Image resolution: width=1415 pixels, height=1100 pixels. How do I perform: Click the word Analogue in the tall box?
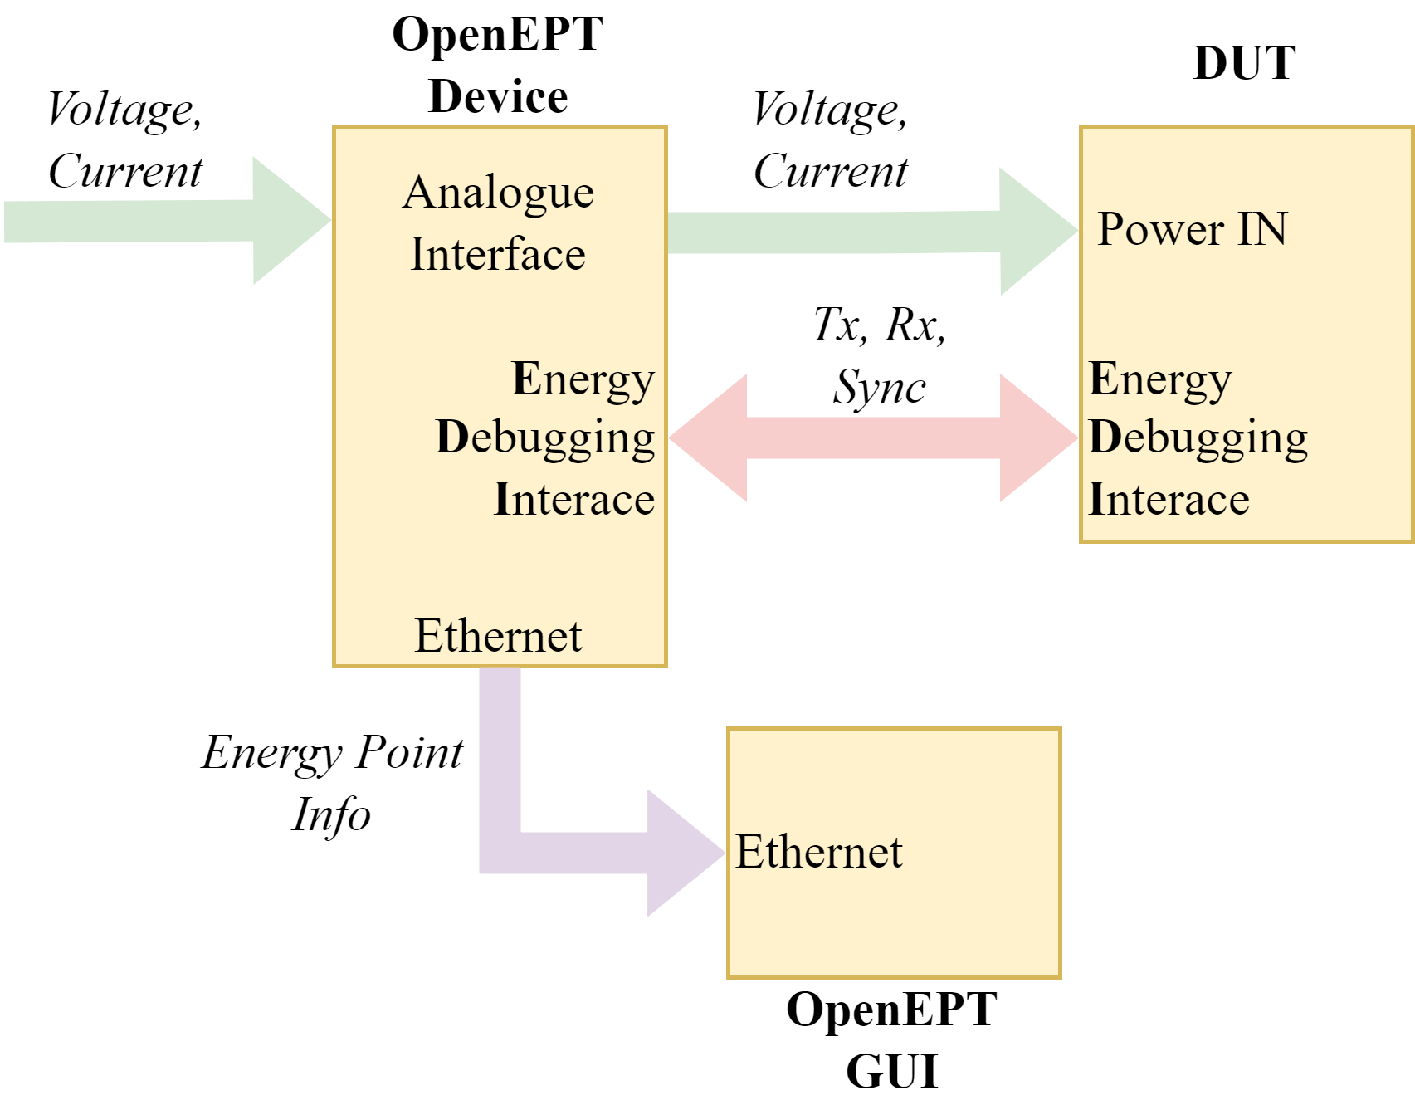coord(498,194)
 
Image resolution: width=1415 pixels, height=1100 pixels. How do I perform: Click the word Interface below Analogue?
coord(498,254)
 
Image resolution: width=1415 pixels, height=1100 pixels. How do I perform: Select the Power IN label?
coord(1192,229)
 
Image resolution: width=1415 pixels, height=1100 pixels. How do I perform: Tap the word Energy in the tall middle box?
coord(583,380)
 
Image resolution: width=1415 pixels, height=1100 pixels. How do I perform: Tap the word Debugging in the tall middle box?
coord(545,438)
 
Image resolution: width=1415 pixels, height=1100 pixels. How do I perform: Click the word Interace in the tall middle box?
coord(574,500)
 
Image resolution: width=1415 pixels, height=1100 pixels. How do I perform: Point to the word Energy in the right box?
coord(1159,380)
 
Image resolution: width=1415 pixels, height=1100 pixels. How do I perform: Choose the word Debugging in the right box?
coord(1198,438)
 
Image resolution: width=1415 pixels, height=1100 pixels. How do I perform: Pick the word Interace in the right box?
coord(1169,500)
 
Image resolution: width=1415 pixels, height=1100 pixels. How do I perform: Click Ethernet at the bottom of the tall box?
coord(498,637)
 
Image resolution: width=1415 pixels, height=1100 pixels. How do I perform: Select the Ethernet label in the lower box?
coord(819,853)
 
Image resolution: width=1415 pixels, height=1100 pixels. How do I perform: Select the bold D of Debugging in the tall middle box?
coord(453,437)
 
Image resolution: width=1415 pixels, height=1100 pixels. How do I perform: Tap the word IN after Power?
coord(1262,229)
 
